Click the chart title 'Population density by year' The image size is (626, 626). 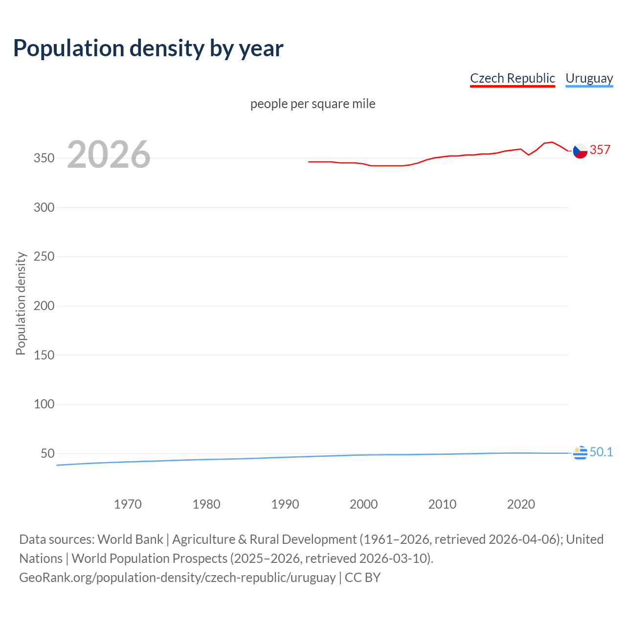[x=148, y=48]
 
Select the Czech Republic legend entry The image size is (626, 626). [x=512, y=78]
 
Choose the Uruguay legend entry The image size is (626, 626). [x=589, y=78]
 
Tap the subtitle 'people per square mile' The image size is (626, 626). [x=313, y=104]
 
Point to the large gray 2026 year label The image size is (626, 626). [x=109, y=155]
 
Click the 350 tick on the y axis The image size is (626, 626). [x=44, y=158]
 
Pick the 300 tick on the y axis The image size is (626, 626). [x=44, y=207]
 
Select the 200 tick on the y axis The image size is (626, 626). [x=44, y=306]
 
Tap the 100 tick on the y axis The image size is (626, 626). [x=44, y=404]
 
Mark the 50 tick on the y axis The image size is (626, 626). [x=47, y=453]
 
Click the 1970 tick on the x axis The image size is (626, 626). [x=128, y=504]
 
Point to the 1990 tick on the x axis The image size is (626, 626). [x=285, y=504]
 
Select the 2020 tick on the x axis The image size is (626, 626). [x=521, y=504]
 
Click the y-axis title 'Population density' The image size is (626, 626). [x=21, y=303]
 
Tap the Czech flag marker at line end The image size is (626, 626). [x=580, y=151]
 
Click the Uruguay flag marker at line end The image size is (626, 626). [x=580, y=453]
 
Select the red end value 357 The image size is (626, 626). [x=600, y=150]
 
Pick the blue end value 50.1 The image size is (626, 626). [x=601, y=452]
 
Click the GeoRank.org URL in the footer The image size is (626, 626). [x=177, y=578]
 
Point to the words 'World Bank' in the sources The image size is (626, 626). [x=130, y=539]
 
